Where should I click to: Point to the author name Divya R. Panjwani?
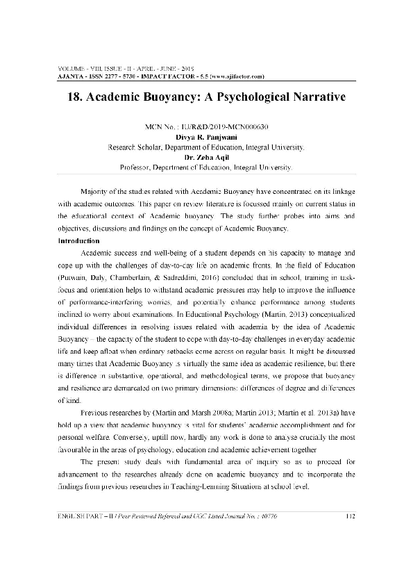206,138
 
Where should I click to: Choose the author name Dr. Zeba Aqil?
206,158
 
